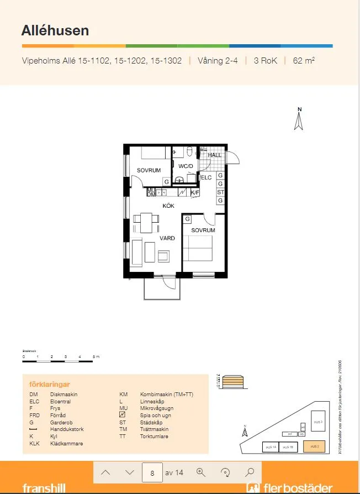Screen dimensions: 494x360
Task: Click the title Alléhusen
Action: pos(55,30)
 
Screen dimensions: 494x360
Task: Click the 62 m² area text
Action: pos(304,61)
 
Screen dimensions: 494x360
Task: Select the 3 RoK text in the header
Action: pos(265,61)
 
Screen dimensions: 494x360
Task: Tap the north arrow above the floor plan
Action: pos(299,120)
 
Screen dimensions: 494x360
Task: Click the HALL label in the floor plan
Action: pos(214,155)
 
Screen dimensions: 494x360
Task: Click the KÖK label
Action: pos(168,206)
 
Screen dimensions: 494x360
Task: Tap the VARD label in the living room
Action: pos(167,238)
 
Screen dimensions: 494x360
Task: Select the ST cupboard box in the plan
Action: pos(220,192)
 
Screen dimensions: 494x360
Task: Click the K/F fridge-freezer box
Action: pos(195,192)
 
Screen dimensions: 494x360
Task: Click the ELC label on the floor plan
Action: pos(206,177)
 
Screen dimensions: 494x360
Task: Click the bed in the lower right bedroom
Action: pos(198,248)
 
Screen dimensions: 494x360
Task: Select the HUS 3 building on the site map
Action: pos(317,421)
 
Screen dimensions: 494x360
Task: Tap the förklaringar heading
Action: pos(49,384)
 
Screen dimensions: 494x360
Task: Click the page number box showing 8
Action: pos(152,472)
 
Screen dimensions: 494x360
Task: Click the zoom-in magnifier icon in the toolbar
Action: pos(201,472)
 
